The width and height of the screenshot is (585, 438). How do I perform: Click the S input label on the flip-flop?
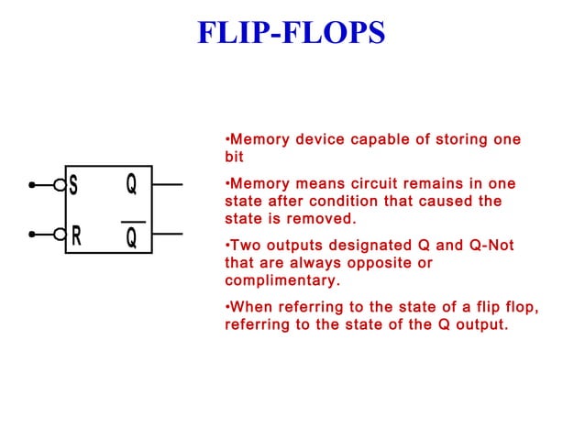click(x=73, y=185)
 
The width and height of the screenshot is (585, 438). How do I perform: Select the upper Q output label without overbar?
click(x=132, y=184)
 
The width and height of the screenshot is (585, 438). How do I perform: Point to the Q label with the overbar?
click(x=132, y=237)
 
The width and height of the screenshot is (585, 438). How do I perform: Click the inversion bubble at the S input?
click(x=61, y=185)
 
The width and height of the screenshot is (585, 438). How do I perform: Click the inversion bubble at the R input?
click(x=61, y=235)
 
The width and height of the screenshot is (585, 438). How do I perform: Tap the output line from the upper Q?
click(x=168, y=185)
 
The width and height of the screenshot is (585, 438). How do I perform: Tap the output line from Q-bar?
click(x=168, y=235)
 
